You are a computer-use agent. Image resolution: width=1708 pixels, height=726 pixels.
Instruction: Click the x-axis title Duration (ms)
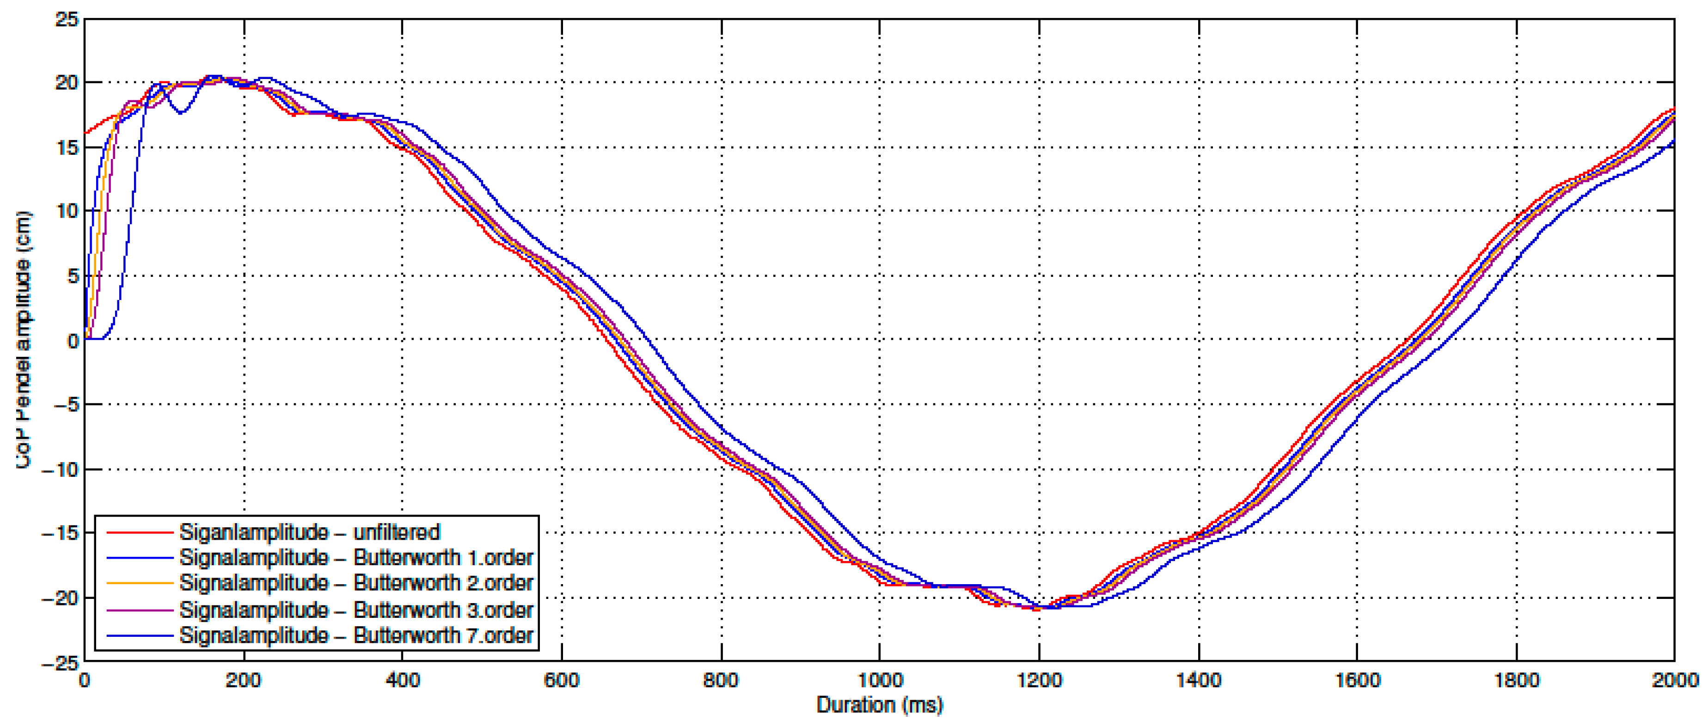[x=879, y=705]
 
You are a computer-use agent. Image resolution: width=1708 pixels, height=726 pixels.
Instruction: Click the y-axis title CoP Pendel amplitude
[x=23, y=340]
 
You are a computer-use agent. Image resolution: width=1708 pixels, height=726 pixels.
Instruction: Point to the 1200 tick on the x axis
[x=1039, y=680]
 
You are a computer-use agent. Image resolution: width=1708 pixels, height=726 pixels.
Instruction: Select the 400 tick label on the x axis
[x=403, y=680]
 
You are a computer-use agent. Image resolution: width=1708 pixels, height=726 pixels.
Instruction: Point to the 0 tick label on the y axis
[x=72, y=341]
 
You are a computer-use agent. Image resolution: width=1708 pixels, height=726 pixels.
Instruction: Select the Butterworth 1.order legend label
[x=356, y=558]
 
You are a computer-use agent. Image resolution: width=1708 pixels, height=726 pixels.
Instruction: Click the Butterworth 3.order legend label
[x=356, y=610]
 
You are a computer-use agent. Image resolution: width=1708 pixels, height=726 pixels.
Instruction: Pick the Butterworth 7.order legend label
[x=356, y=635]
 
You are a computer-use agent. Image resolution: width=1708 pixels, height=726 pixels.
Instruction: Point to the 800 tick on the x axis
[x=721, y=680]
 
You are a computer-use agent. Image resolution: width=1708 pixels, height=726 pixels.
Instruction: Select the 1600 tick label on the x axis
[x=1357, y=680]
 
